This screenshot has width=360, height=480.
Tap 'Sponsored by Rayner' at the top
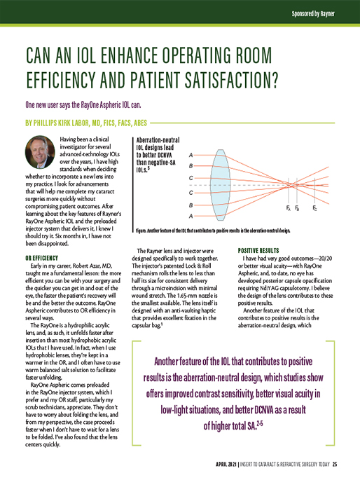[x=321, y=12]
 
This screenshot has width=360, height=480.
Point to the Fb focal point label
[x=298, y=209]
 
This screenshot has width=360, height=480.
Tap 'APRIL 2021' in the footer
[x=229, y=465]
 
